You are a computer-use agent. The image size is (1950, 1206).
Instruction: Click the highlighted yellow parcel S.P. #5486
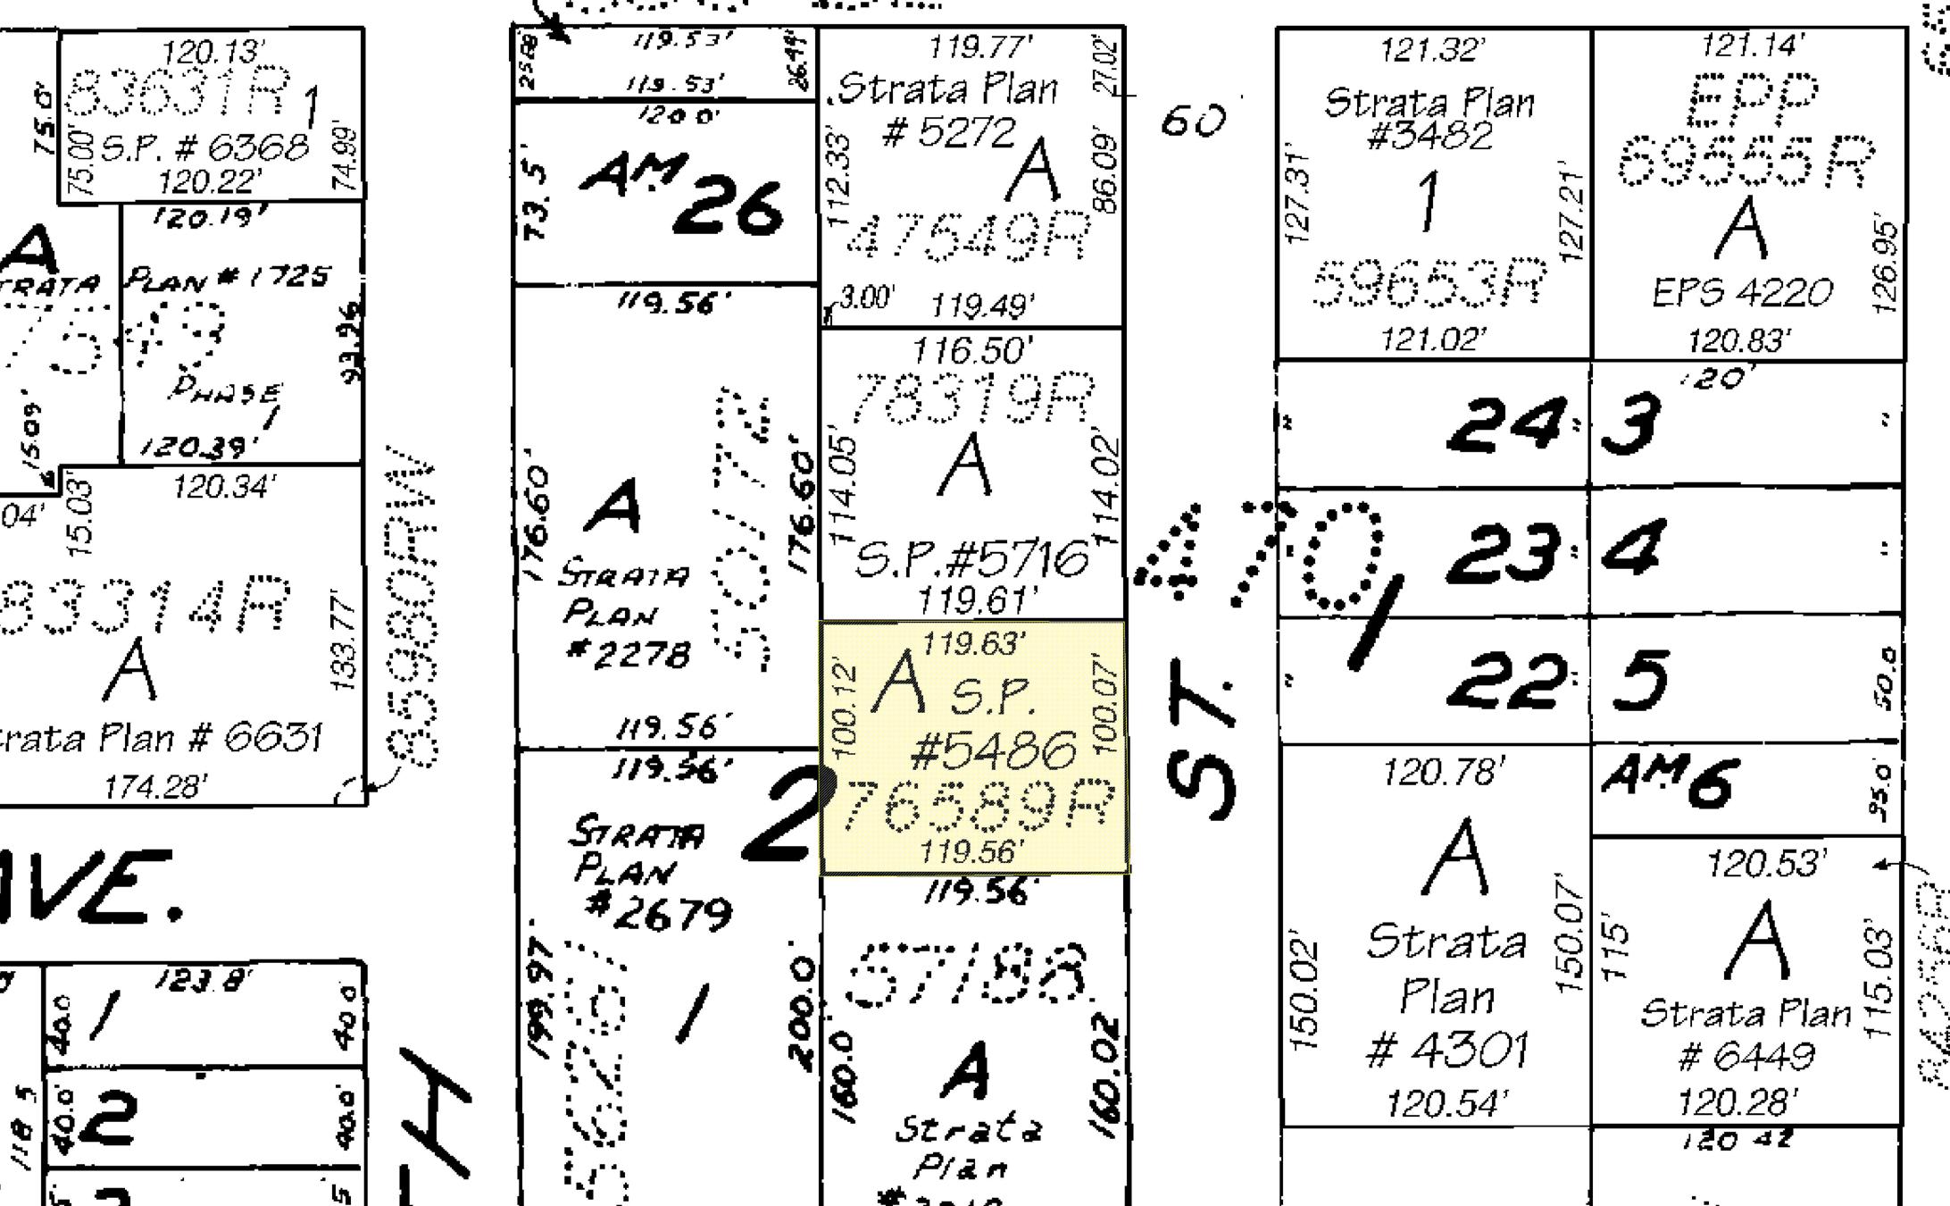pyautogui.click(x=972, y=747)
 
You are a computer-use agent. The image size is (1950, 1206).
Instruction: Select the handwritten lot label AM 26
pyautogui.click(x=683, y=195)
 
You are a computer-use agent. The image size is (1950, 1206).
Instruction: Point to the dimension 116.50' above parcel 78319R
pyautogui.click(x=971, y=349)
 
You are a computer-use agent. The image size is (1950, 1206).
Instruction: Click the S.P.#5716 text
pyautogui.click(x=972, y=560)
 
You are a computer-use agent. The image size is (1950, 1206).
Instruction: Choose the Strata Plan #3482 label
pyautogui.click(x=1429, y=118)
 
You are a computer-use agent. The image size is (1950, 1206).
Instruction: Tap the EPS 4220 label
pyautogui.click(x=1741, y=292)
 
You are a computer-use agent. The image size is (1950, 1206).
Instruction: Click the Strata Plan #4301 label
pyautogui.click(x=1446, y=995)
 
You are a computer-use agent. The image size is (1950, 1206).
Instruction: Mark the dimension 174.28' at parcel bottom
pyautogui.click(x=155, y=787)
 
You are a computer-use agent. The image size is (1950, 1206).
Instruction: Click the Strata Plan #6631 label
pyautogui.click(x=156, y=738)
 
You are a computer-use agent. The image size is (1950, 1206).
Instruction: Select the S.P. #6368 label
pyautogui.click(x=205, y=147)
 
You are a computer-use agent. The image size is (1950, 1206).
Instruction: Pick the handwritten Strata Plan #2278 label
pyautogui.click(x=625, y=613)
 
